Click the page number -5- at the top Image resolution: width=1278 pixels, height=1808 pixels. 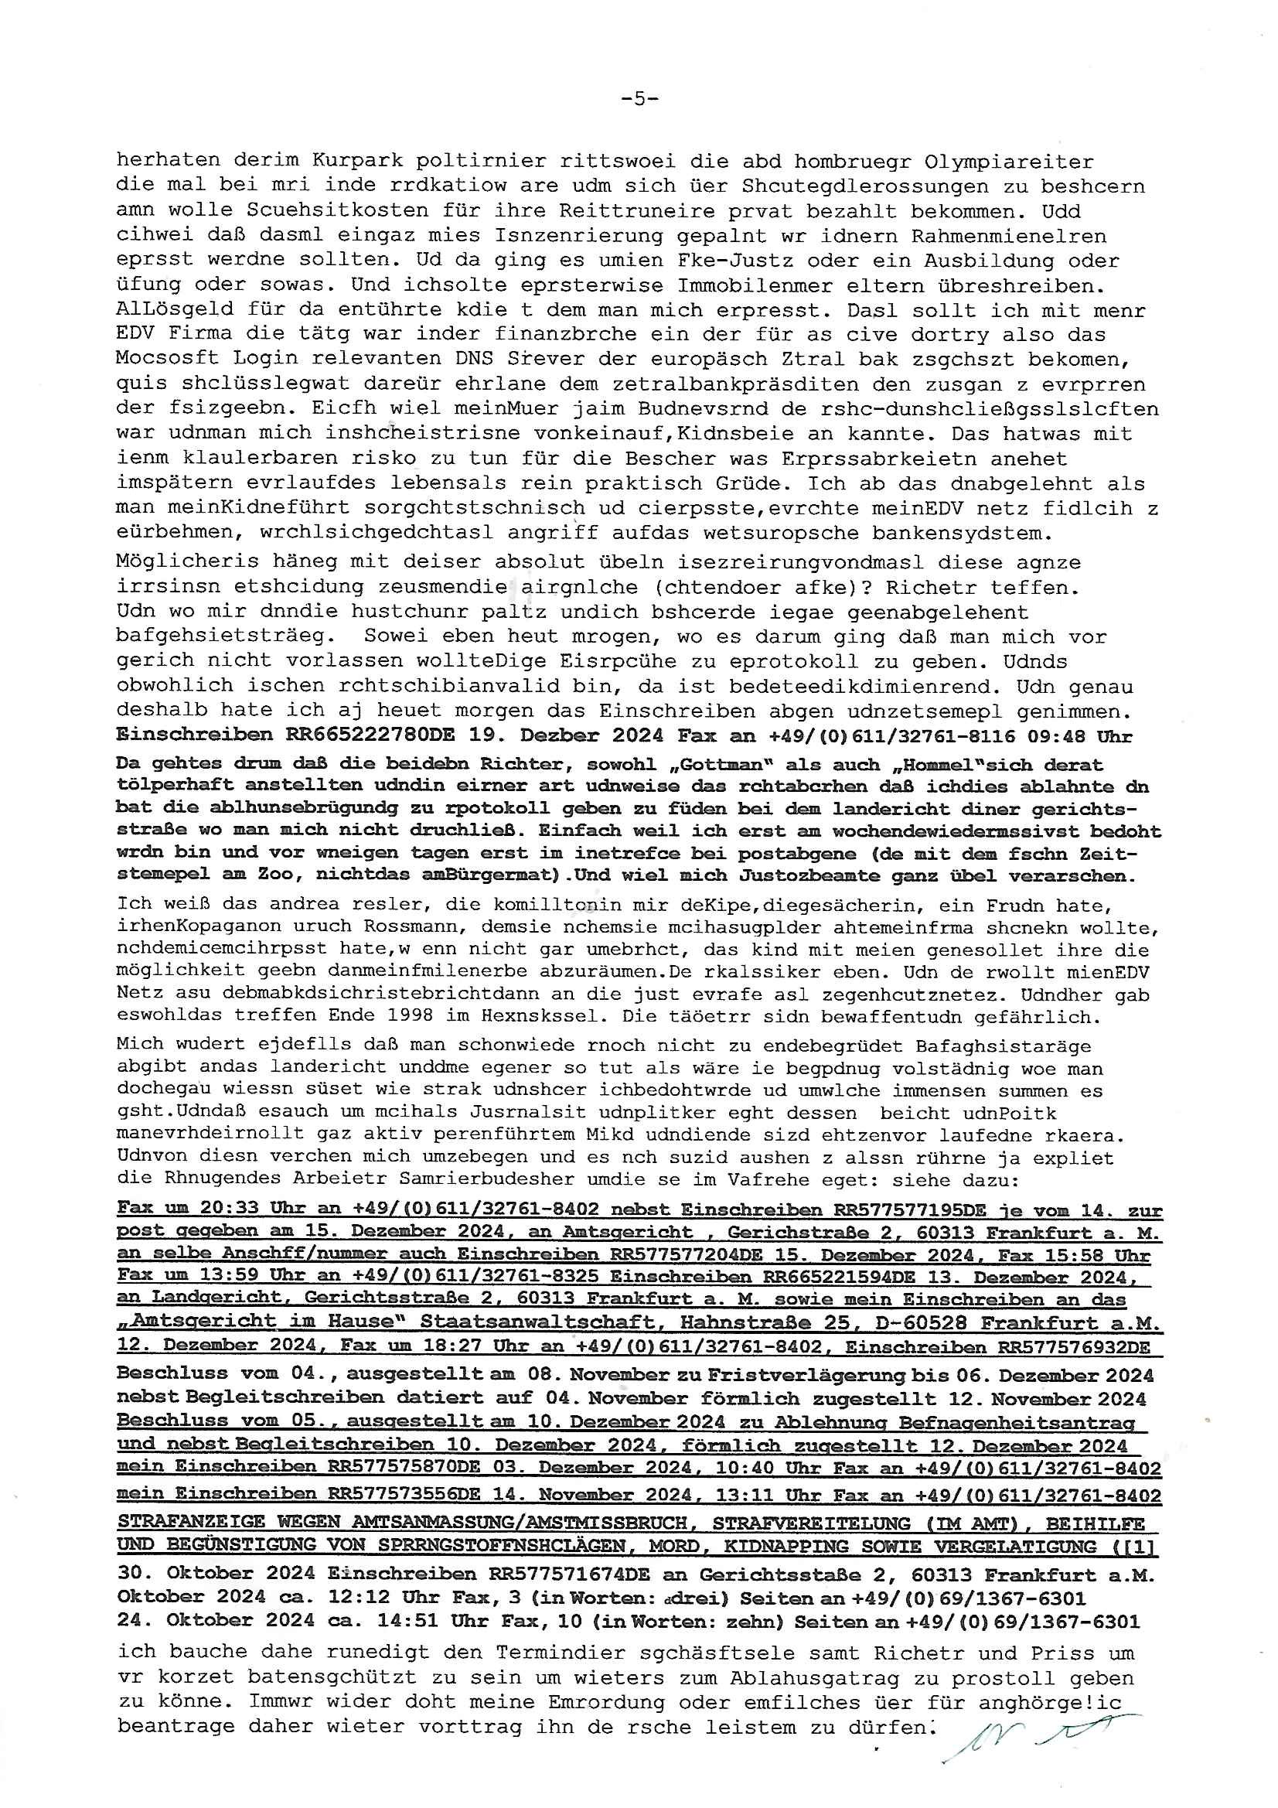(x=639, y=98)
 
